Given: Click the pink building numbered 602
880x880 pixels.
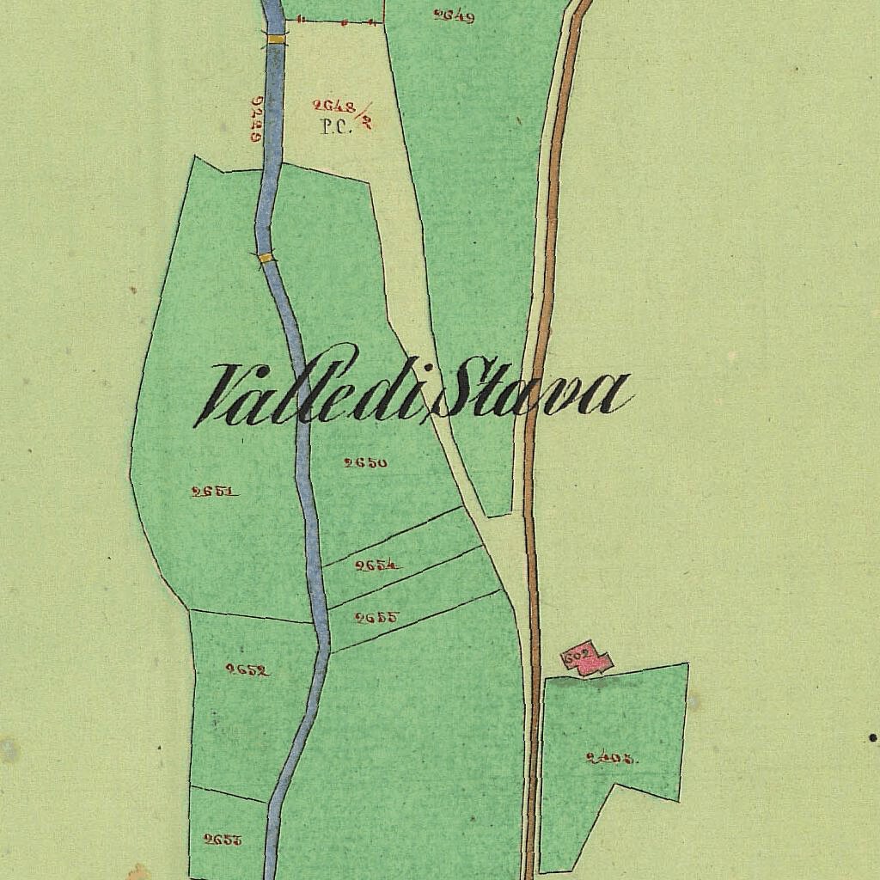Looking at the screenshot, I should coord(587,661).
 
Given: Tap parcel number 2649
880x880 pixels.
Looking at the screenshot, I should coord(454,15).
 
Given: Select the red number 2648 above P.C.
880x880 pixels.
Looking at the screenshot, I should coord(334,107).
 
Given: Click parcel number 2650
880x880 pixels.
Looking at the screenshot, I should coord(365,462).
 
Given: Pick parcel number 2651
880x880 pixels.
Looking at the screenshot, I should coord(214,492).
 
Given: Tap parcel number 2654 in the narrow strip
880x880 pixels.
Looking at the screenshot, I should coord(377,565).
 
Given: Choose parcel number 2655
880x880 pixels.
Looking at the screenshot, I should coord(376,616).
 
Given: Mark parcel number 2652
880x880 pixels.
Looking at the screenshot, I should coord(247,669).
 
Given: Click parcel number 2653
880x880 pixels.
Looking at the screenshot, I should coord(223,840).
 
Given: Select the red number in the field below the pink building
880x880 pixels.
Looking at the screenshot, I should coord(611,758).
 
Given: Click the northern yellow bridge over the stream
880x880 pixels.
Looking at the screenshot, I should coord(276,39).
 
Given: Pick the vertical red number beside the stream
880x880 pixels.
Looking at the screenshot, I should coord(255,119).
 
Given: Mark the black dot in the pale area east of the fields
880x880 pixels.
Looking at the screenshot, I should coord(873,737).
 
